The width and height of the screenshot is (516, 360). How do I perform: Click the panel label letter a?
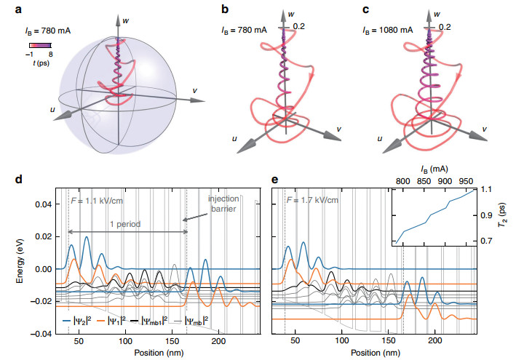pos(18,9)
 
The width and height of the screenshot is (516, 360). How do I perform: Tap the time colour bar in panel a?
pos(40,45)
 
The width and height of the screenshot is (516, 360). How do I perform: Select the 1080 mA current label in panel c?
pos(387,31)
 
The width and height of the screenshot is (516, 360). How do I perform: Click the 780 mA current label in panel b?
pos(244,31)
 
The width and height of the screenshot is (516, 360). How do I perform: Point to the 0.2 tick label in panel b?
pos(298,26)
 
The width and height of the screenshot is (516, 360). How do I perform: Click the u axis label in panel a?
pos(52,109)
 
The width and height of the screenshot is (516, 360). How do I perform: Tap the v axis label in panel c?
pos(485,129)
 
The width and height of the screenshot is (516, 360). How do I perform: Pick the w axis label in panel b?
pos(291,14)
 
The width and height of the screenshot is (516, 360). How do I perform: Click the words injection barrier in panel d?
pos(223,204)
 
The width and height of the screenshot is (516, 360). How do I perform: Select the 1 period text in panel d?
pos(125,224)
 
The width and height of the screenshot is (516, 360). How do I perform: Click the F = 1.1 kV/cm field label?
pos(97,200)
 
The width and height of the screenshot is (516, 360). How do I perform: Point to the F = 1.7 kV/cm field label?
pos(312,200)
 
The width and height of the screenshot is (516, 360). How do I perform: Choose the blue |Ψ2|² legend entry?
pos(76,320)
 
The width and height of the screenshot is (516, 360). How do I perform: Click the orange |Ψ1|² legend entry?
pos(111,320)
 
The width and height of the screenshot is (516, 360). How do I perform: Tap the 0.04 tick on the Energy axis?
pos(43,204)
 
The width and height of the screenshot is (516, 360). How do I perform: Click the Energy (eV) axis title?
pos(20,260)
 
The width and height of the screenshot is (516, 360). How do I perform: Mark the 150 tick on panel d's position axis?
pos(172,341)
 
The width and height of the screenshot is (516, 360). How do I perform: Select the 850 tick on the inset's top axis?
pos(424,181)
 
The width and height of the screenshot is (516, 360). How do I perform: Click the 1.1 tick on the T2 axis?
pos(488,189)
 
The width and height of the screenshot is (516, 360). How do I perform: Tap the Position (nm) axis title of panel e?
pos(376,353)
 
